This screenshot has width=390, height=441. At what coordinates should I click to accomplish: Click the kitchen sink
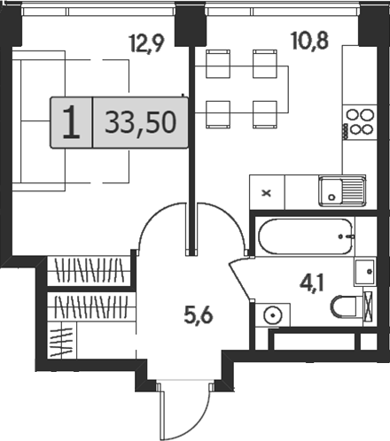pyautogui.click(x=341, y=190)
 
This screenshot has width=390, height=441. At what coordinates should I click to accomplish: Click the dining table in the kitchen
pyautogui.click(x=238, y=88)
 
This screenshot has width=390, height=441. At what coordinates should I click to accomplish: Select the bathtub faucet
pyautogui.click(x=349, y=236)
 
